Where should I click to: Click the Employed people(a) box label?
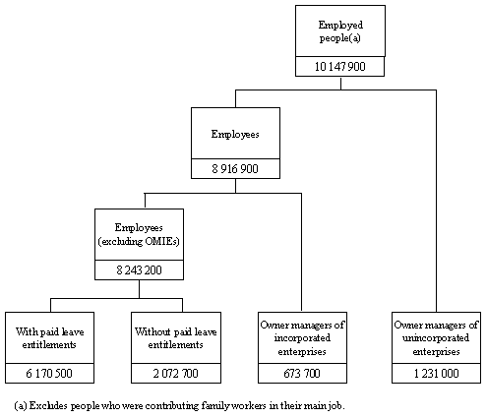click(x=340, y=30)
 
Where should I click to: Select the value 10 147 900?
click(x=340, y=66)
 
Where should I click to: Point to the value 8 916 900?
click(x=235, y=168)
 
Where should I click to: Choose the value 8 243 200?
click(x=139, y=268)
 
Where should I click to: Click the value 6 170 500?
click(x=50, y=373)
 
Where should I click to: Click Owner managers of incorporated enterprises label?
click(x=300, y=337)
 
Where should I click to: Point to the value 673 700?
click(x=300, y=373)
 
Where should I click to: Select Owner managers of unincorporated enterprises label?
click(x=435, y=337)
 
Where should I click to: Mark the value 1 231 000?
click(x=435, y=373)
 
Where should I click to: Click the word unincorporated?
click(x=435, y=337)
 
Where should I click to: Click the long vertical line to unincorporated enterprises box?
click(x=435, y=197)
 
